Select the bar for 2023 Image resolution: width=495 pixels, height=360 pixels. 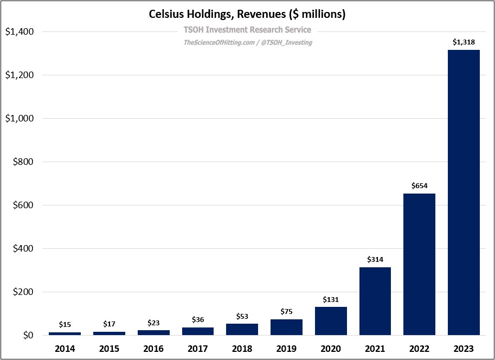(464, 192)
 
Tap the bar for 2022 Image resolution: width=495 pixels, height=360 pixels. (419, 264)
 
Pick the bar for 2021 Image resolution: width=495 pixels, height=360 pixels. (375, 301)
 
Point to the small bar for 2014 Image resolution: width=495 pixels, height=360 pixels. (65, 333)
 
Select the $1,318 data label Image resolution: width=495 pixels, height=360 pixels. (464, 42)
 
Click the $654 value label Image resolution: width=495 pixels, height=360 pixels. (419, 185)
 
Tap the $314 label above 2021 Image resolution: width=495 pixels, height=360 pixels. (375, 259)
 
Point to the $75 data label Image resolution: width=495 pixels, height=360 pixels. (286, 311)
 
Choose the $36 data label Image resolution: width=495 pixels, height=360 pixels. (198, 320)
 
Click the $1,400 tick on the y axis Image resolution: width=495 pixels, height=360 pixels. (20, 32)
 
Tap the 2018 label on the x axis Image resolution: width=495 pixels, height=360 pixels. (242, 349)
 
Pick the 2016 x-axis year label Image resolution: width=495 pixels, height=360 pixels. (153, 349)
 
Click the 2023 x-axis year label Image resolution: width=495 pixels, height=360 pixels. (464, 349)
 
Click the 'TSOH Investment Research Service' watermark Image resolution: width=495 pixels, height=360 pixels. (247, 30)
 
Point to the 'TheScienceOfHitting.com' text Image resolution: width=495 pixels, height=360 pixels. (218, 42)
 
